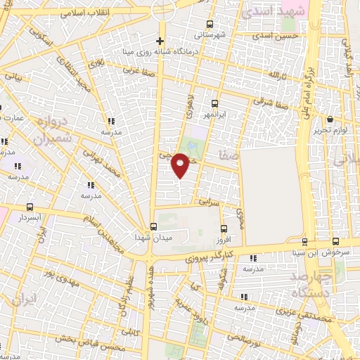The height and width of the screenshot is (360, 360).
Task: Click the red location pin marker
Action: click(181, 166)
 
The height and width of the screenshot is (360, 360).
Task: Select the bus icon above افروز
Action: click(224, 229)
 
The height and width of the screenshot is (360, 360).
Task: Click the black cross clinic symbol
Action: click(160, 40)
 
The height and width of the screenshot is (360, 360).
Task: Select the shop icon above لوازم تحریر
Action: click(330, 120)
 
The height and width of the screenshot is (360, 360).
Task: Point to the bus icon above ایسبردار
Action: click(30, 207)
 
